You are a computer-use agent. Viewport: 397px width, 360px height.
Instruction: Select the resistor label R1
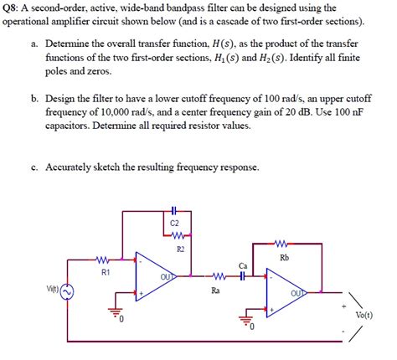pyautogui.click(x=106, y=273)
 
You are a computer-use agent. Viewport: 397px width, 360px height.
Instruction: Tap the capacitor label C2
pyautogui.click(x=173, y=224)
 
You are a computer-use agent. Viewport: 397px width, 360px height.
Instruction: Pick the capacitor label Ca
pyautogui.click(x=243, y=265)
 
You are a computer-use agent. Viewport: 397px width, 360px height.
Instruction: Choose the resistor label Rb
pyautogui.click(x=284, y=258)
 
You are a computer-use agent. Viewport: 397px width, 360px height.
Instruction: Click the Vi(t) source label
pyautogui.click(x=54, y=289)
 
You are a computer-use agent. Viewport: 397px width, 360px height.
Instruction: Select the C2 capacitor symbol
pyautogui.click(x=173, y=209)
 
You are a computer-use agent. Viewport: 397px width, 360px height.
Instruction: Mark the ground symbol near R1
pyautogui.click(x=109, y=316)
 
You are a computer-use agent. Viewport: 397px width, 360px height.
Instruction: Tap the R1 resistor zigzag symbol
pyautogui.click(x=104, y=259)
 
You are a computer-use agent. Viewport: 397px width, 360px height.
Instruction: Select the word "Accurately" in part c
pyautogui.click(x=77, y=167)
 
